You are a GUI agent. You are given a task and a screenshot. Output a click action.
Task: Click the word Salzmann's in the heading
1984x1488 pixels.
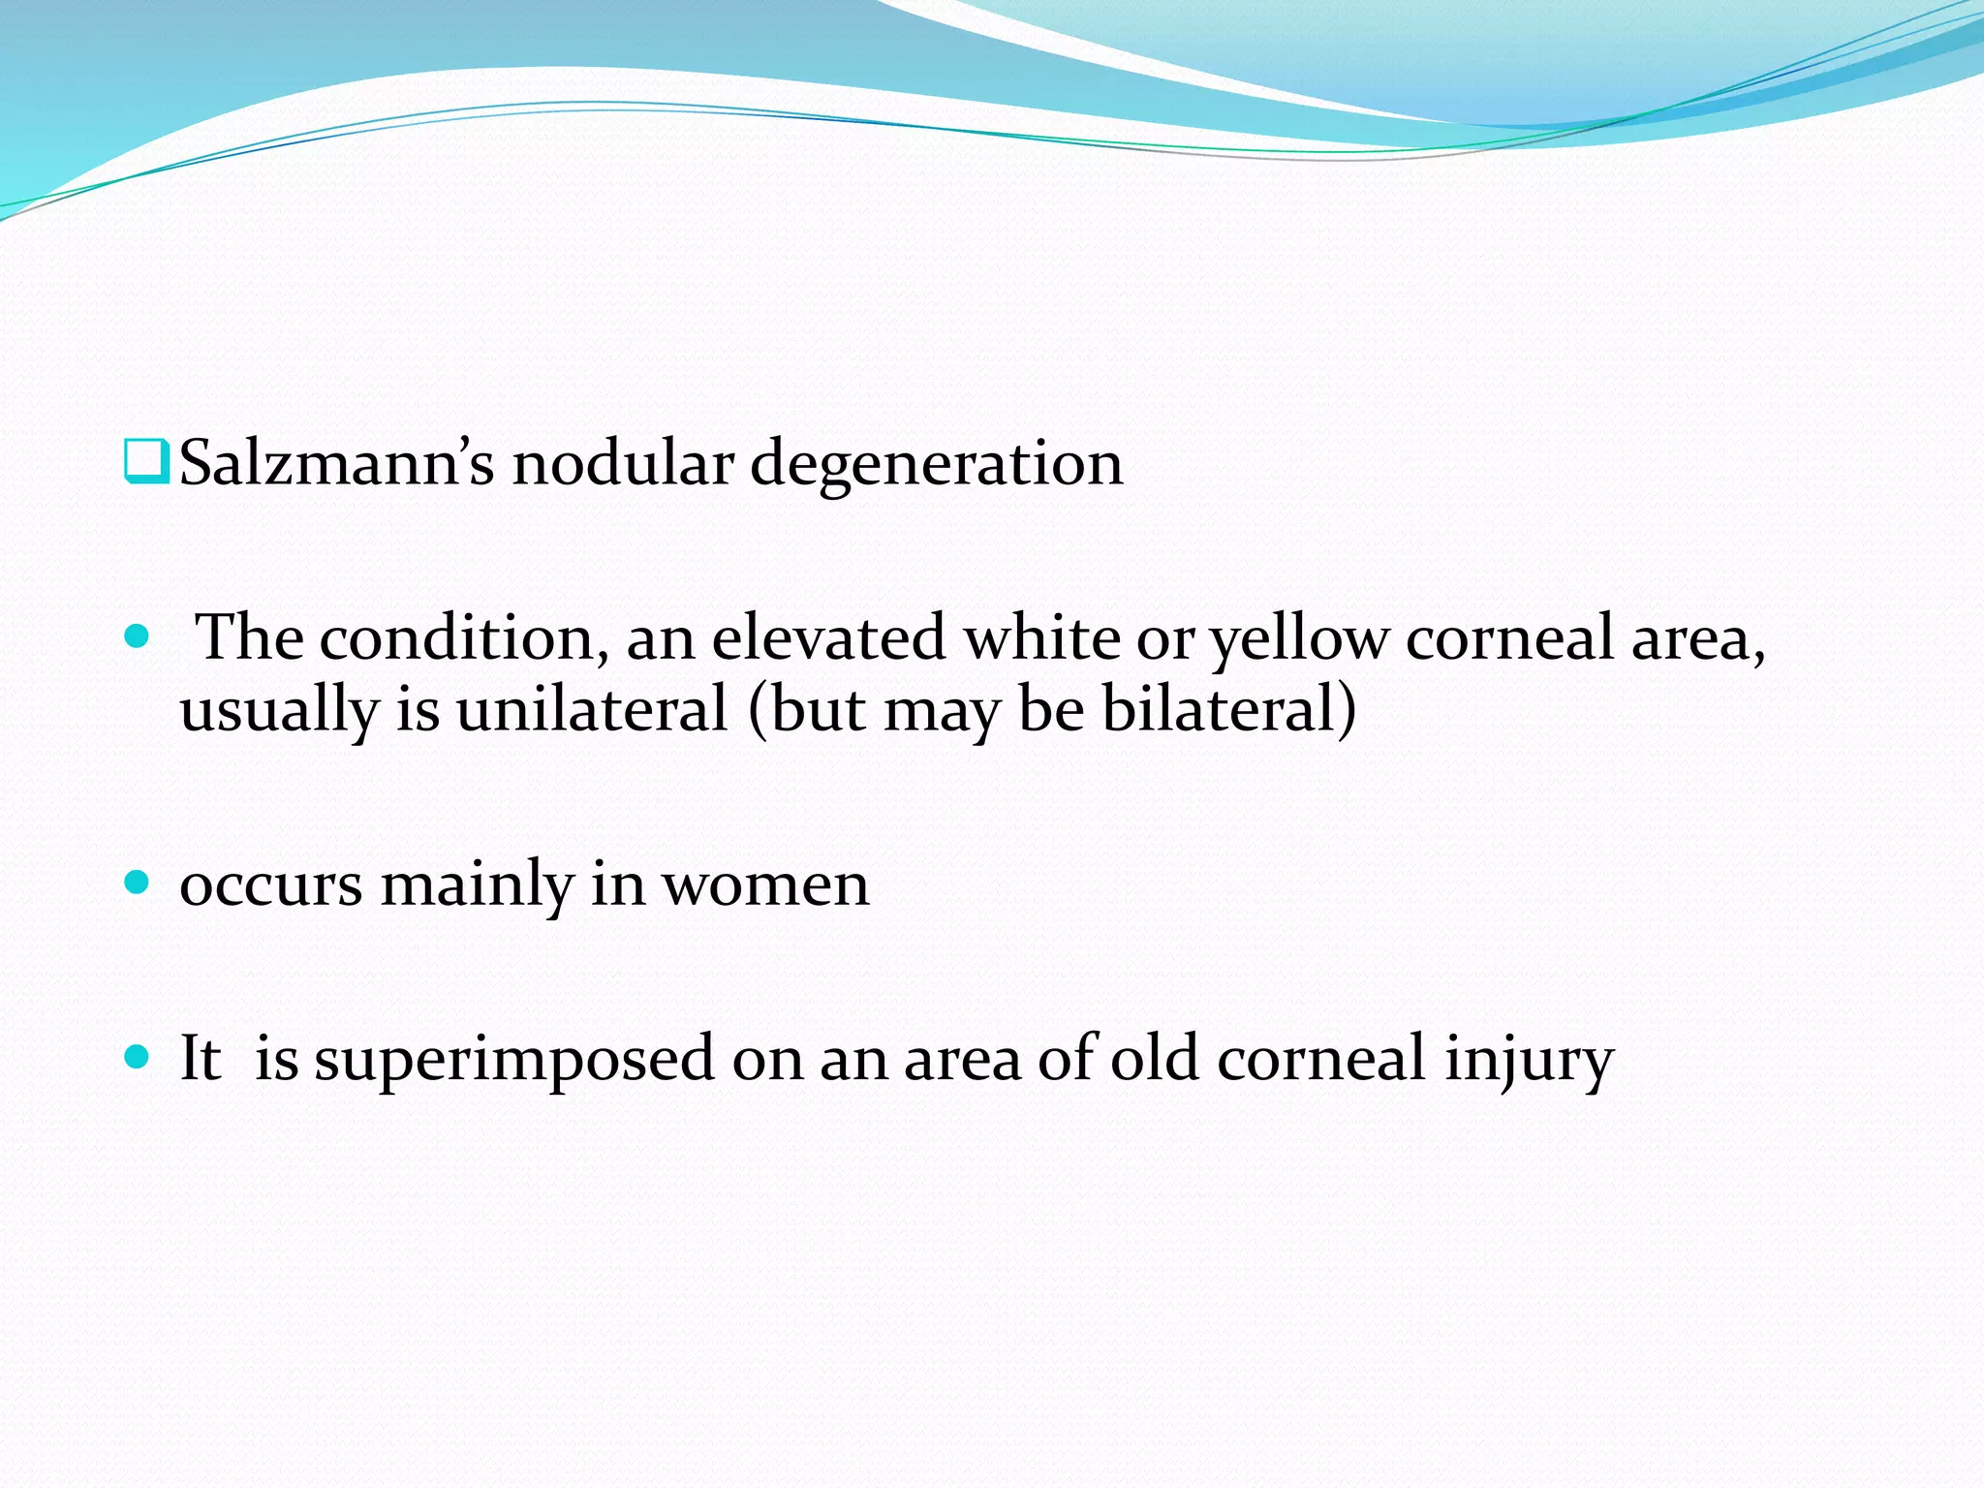336,463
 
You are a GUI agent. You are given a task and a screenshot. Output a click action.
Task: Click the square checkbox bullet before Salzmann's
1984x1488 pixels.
147,461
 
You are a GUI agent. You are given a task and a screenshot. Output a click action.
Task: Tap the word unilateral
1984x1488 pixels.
591,708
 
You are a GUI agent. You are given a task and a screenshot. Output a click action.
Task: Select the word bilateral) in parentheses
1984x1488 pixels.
1229,708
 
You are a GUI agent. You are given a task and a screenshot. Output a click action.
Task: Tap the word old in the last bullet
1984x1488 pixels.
1155,1058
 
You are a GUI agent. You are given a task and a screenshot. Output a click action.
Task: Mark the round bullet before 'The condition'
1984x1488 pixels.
138,636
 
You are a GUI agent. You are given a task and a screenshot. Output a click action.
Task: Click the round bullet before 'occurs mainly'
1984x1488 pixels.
138,882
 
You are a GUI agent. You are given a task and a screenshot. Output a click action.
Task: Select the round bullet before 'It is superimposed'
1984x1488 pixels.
138,1056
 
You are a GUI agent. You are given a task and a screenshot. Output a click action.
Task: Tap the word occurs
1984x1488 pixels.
271,886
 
